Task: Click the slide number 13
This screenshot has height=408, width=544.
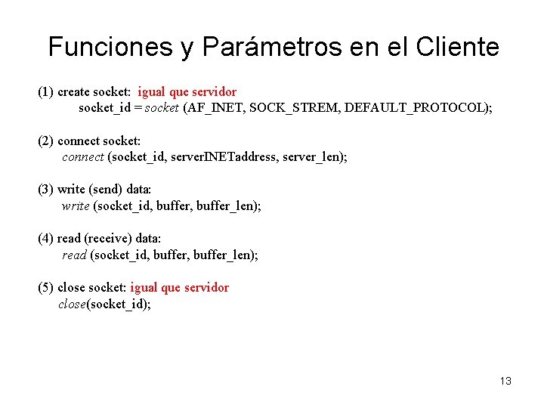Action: coord(505,381)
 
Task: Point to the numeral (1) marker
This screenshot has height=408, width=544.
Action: coord(45,92)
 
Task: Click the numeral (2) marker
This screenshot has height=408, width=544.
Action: coord(45,141)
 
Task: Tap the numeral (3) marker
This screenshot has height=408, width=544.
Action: coord(45,190)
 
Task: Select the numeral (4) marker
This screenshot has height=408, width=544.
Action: coord(45,239)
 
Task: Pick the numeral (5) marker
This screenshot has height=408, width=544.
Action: coord(45,288)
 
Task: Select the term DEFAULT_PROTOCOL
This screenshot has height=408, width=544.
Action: coord(414,108)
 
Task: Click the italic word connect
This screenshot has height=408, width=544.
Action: coord(82,157)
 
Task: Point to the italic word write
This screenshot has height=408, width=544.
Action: coord(75,206)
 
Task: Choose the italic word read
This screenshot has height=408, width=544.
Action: coord(74,255)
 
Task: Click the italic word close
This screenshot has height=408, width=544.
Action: coord(73,304)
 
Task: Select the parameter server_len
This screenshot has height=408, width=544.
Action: coord(310,157)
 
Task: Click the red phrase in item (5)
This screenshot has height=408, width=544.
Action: coord(179,288)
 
